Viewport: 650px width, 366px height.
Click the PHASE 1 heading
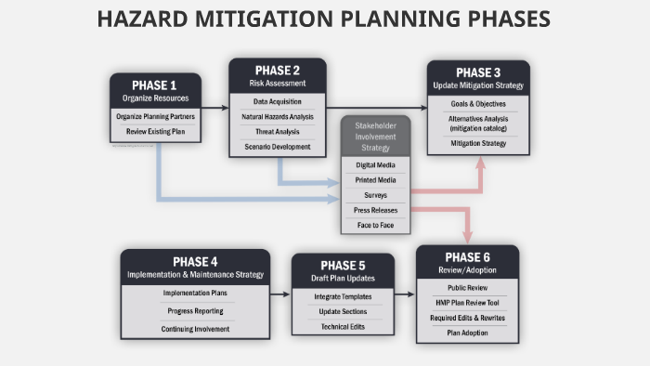[x=155, y=85]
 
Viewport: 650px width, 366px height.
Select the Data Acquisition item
[x=278, y=102]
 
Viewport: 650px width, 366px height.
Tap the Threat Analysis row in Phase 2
[x=278, y=132]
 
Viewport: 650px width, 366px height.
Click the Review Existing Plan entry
[x=155, y=132]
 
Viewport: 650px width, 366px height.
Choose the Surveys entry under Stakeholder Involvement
[x=375, y=195]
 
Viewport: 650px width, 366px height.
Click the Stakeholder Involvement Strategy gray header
[x=375, y=137]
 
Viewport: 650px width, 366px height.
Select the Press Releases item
[x=375, y=210]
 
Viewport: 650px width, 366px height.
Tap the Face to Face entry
[x=375, y=226]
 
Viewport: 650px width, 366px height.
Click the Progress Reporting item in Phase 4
[x=195, y=311]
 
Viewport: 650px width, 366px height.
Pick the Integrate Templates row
[x=342, y=296]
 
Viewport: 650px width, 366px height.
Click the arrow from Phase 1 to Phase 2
[x=214, y=109]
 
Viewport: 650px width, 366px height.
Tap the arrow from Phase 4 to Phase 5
[x=280, y=294]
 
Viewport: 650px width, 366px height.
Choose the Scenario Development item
[x=278, y=147]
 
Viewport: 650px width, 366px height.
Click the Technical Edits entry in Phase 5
[x=342, y=326]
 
